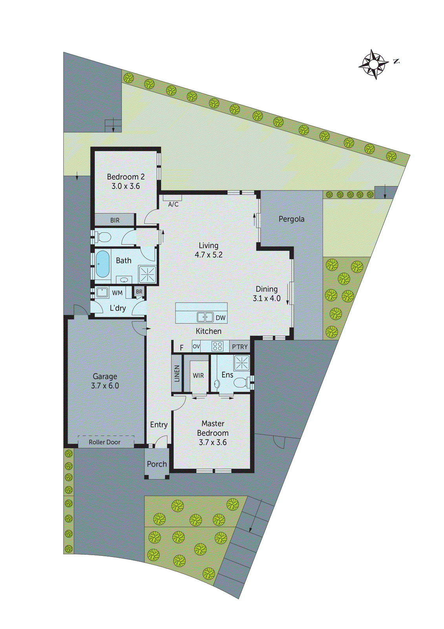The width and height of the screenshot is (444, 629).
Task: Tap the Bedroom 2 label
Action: pyautogui.click(x=126, y=177)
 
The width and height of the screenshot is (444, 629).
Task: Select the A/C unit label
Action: pyautogui.click(x=173, y=204)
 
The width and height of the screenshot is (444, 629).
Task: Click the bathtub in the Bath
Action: pyautogui.click(x=102, y=264)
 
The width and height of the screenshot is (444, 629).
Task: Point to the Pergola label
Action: pyautogui.click(x=291, y=219)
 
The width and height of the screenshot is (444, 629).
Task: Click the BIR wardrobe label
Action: pyautogui.click(x=115, y=221)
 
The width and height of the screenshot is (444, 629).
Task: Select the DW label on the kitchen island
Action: pyautogui.click(x=221, y=318)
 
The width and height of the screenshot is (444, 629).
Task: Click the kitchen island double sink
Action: pyautogui.click(x=205, y=317)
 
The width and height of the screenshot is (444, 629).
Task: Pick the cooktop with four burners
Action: pyautogui.click(x=217, y=346)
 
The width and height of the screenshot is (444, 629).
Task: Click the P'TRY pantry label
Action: pyautogui.click(x=239, y=347)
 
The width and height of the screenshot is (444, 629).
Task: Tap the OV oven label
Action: pyautogui.click(x=196, y=346)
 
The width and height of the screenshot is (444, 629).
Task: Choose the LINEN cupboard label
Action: pyautogui.click(x=177, y=373)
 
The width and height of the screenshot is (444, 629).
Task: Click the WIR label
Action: pyautogui.click(x=198, y=375)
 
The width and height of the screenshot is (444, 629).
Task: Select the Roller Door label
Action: pyautogui.click(x=104, y=442)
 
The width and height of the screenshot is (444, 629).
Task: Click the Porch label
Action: pyautogui.click(x=157, y=464)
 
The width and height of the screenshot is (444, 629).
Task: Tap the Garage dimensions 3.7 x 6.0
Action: pyautogui.click(x=105, y=386)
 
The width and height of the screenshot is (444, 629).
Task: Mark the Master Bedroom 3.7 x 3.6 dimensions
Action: pyautogui.click(x=213, y=442)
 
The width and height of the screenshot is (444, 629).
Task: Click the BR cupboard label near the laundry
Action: pyautogui.click(x=139, y=292)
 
